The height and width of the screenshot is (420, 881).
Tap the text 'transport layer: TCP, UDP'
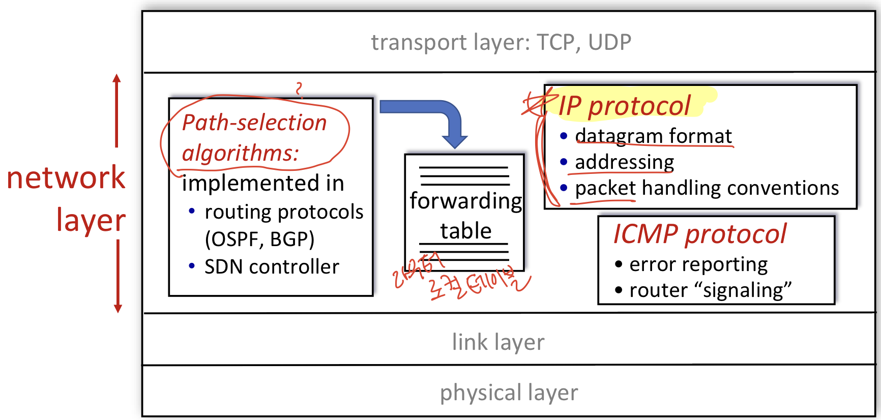(x=501, y=42)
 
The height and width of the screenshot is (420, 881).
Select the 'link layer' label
(x=498, y=342)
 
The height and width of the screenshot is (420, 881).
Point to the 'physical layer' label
(x=509, y=393)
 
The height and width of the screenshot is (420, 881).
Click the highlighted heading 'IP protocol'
(x=624, y=106)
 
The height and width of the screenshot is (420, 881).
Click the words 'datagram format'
(x=653, y=136)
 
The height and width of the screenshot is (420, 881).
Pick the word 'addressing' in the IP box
(x=624, y=162)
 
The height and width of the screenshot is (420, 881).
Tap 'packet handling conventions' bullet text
(x=707, y=188)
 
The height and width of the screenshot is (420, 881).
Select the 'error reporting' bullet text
(x=698, y=264)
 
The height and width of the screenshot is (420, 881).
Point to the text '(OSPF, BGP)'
(x=259, y=239)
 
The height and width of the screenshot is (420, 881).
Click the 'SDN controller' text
(x=272, y=267)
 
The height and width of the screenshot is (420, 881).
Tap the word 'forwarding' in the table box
(x=465, y=201)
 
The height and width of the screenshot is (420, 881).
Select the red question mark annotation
(x=299, y=89)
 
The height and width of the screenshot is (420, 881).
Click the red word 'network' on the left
(x=66, y=177)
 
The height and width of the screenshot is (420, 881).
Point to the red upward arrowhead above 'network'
(x=117, y=79)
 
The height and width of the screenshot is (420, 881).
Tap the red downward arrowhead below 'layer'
(x=118, y=308)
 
